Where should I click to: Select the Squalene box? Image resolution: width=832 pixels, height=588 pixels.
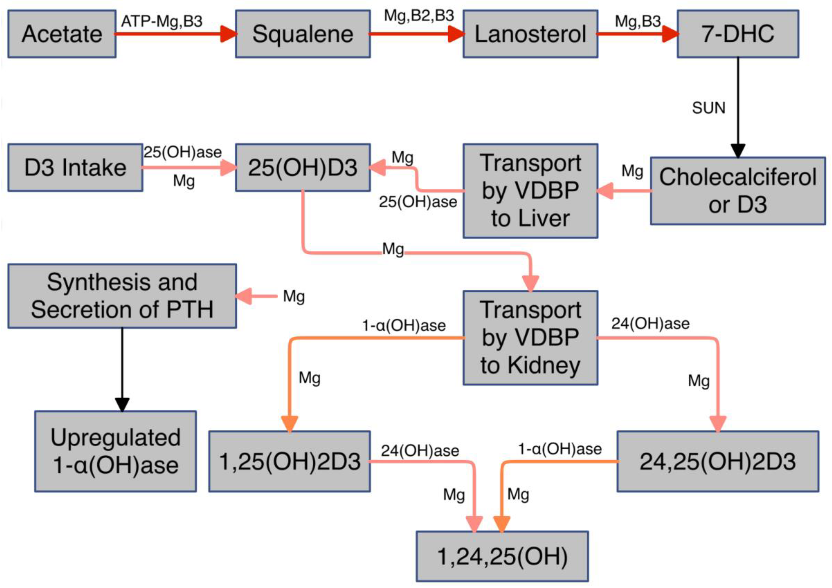303,34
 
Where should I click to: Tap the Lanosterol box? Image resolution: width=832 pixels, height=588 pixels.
530,34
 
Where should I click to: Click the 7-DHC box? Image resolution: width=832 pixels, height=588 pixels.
738,34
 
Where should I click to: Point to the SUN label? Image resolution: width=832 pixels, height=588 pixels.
708,108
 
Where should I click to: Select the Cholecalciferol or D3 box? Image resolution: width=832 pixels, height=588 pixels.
738,191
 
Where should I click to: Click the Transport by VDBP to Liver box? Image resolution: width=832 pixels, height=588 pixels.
530,191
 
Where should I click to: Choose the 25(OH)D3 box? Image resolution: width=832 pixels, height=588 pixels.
303,167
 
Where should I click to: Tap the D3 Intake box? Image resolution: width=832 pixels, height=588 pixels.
75,167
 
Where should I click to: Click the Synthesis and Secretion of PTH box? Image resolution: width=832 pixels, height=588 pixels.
122,296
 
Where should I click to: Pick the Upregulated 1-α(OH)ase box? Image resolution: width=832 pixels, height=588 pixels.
115,451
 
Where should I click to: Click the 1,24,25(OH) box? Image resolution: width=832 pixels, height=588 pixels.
502,556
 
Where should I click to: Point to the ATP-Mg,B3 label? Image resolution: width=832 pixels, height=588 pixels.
162,21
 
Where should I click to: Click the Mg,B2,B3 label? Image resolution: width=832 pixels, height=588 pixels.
419,16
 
